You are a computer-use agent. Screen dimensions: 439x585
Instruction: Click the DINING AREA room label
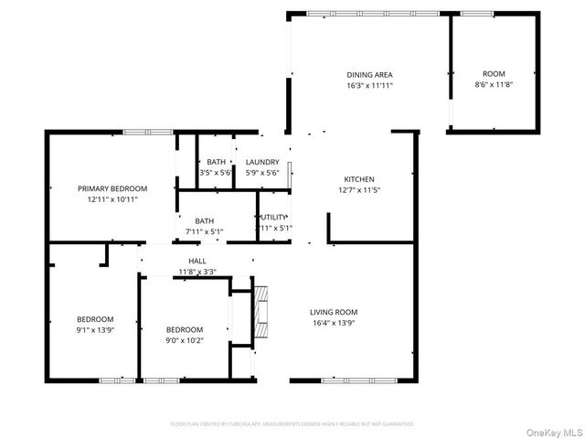pyautogui.click(x=369, y=74)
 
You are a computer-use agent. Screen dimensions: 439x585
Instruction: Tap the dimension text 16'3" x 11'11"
pyautogui.click(x=369, y=85)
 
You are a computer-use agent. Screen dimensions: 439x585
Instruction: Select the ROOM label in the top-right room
pyautogui.click(x=494, y=74)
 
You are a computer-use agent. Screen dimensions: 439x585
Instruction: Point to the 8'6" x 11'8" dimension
pyautogui.click(x=494, y=85)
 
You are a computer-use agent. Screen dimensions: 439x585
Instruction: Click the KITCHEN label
pyautogui.click(x=358, y=179)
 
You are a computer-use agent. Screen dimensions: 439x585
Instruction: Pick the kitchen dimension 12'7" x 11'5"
pyautogui.click(x=358, y=190)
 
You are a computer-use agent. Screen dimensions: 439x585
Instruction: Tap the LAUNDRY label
pyautogui.click(x=262, y=162)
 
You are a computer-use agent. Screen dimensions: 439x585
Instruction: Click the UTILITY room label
pyautogui.click(x=275, y=218)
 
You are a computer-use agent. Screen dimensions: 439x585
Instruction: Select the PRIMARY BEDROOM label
pyautogui.click(x=112, y=188)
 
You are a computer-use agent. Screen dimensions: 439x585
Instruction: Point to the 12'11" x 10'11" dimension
pyautogui.click(x=112, y=199)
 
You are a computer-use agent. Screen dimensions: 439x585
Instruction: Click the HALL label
pyautogui.click(x=197, y=262)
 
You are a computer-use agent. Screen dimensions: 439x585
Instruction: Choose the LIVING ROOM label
pyautogui.click(x=334, y=312)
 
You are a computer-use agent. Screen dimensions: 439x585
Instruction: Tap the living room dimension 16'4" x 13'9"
pyautogui.click(x=334, y=323)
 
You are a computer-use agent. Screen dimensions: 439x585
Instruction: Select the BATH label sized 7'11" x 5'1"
pyautogui.click(x=205, y=220)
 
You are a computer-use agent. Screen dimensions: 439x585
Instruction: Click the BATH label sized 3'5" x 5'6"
pyautogui.click(x=216, y=162)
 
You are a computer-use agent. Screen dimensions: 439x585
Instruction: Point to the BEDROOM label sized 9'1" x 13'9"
pyautogui.click(x=95, y=319)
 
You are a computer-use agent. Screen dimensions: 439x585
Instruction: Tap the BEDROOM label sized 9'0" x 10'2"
pyautogui.click(x=184, y=329)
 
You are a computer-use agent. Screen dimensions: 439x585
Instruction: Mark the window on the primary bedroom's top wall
pyautogui.click(x=148, y=132)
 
